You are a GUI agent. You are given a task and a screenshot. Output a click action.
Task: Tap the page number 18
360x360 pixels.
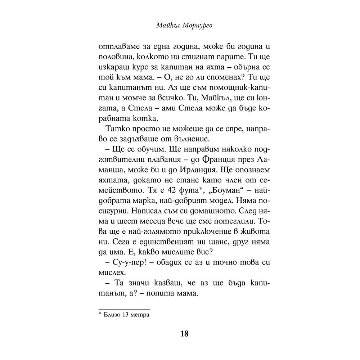pyautogui.click(x=184, y=333)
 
